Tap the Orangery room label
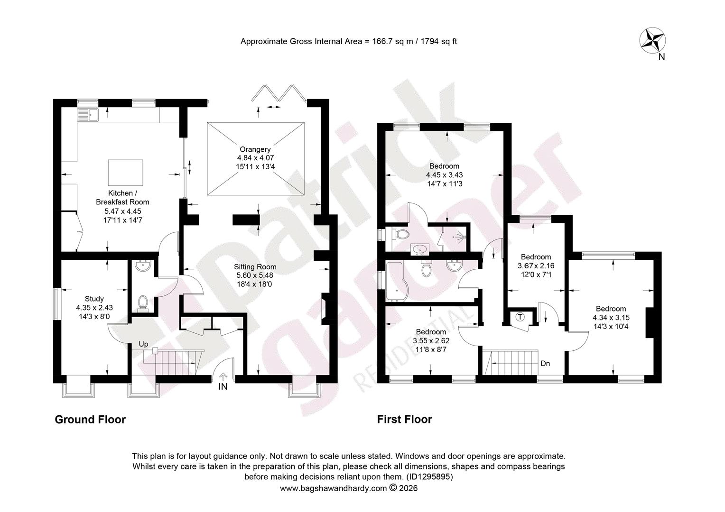[255, 149]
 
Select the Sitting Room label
[255, 267]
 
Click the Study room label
[94, 299]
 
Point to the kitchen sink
[88, 115]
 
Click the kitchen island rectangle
[126, 174]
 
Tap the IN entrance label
[223, 386]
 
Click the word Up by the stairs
[143, 344]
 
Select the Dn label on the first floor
[545, 364]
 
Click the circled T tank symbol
[520, 317]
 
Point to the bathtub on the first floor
[397, 281]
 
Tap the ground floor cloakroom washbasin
[143, 266]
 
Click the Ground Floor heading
[90, 420]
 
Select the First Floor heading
[405, 420]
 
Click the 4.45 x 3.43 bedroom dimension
[445, 175]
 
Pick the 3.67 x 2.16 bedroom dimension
[536, 266]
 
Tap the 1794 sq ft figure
[439, 41]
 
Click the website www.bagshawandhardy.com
[334, 488]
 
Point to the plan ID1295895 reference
[428, 477]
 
